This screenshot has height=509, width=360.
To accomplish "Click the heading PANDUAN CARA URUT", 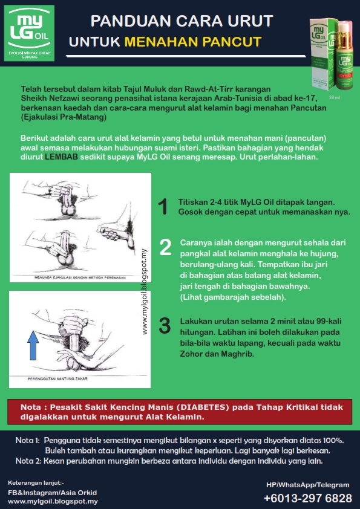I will click(182, 22).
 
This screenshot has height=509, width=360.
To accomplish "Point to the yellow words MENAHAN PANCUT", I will click(193, 42).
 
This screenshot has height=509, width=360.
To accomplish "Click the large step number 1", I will click(163, 207).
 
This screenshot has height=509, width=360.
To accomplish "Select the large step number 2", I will click(165, 247).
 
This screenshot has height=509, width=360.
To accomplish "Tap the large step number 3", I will click(165, 325).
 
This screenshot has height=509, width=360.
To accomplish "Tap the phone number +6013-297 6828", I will click(307, 499).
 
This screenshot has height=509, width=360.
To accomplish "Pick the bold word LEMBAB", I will click(61, 156).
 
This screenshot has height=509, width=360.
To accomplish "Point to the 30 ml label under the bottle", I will click(334, 97).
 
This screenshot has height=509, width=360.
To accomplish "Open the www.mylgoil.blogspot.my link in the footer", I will click(53, 501).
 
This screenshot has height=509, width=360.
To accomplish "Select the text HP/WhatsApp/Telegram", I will click(307, 485).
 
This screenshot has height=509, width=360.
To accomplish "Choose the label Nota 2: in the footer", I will click(27, 461).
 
